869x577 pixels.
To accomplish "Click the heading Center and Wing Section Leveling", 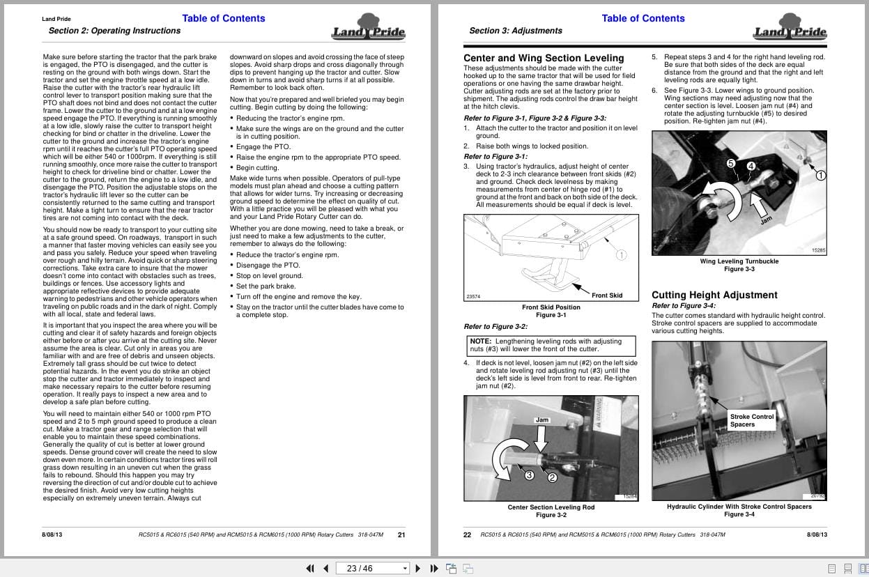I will point(544,58).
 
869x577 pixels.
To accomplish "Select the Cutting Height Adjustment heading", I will point(714,295).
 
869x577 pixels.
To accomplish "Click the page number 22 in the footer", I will point(467,535).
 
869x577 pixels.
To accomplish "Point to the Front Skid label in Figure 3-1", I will point(607,295).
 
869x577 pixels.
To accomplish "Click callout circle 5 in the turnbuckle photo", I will point(731,163).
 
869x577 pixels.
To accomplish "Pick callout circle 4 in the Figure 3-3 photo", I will point(751,166).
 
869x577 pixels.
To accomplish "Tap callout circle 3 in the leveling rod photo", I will point(529,475).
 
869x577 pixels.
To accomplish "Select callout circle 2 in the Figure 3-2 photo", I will point(552,478).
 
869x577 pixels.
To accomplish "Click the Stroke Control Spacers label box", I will point(752,420).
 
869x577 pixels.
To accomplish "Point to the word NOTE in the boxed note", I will point(481,341).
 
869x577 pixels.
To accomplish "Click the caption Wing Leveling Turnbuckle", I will point(739,261).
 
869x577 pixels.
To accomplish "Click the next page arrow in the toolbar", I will point(418,568).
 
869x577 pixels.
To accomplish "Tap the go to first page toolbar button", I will point(310,568).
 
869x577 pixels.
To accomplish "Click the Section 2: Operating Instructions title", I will point(114,31).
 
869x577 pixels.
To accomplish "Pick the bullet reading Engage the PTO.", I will point(263,147).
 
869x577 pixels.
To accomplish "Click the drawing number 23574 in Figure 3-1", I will point(473,297).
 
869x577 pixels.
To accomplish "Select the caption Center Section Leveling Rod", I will point(551,507).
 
